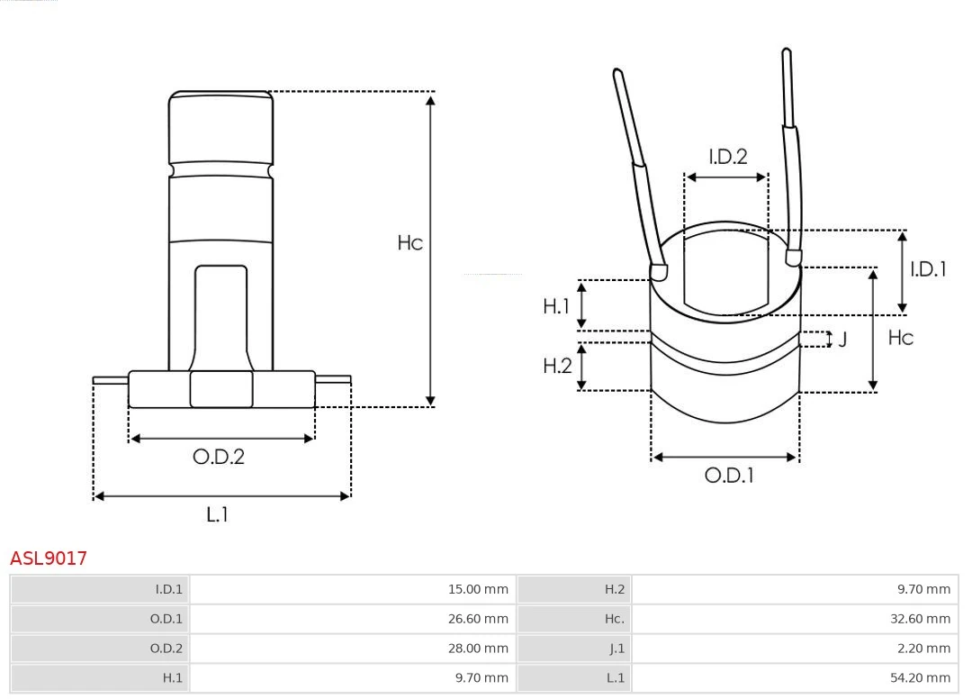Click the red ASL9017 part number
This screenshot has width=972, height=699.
[49, 558]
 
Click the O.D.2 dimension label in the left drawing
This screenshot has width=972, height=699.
[219, 457]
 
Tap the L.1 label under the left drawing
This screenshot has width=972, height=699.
[218, 514]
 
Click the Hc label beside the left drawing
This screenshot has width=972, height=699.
[409, 242]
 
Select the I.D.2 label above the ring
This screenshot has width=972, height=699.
[727, 157]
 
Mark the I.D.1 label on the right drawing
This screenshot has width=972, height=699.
[928, 268]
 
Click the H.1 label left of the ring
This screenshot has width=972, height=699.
[556, 306]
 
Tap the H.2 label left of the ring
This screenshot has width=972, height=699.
[557, 366]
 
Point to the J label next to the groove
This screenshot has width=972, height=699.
[842, 340]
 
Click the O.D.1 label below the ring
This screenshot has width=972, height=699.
[728, 475]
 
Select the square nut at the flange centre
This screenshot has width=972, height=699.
[221, 389]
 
